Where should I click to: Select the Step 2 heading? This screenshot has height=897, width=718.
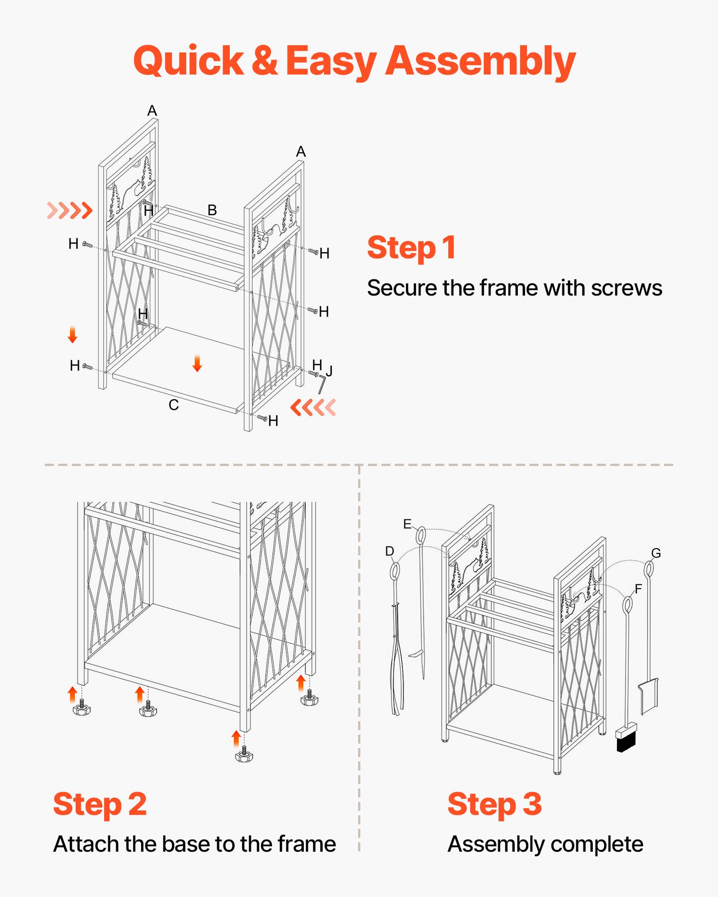100,804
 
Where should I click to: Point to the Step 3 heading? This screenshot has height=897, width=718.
495,804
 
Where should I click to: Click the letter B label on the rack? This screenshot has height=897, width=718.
212,210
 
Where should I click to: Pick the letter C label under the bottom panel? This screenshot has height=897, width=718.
174,405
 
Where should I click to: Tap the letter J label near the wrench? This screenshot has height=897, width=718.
329,371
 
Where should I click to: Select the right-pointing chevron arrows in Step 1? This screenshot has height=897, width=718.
70,210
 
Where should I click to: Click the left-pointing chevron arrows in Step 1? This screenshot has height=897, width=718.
313,407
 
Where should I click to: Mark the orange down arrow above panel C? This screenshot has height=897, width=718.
197,363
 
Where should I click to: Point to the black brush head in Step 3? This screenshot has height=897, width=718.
626,744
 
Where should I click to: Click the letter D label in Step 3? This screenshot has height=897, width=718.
390,551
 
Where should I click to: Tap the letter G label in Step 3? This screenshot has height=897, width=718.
656,553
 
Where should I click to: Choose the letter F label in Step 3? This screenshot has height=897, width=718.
638,588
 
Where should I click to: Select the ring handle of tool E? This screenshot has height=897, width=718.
420,536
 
